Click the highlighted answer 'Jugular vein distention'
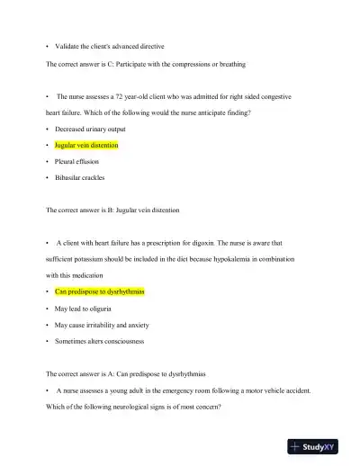click(85, 145)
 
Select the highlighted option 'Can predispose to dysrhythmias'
click(99, 291)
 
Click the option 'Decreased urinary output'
click(91, 129)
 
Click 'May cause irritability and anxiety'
click(102, 324)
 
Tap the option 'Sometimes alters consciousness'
click(98, 341)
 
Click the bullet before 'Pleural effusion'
click(47, 161)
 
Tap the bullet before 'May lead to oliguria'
click(47, 308)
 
